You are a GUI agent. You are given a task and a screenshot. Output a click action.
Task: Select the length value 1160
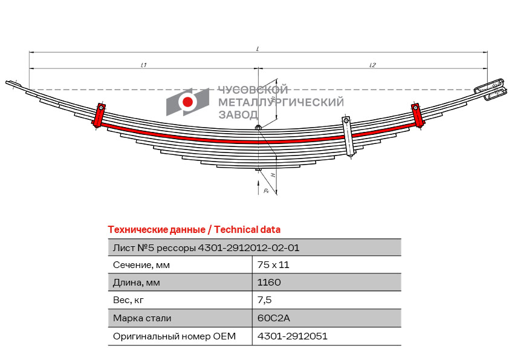[269, 282]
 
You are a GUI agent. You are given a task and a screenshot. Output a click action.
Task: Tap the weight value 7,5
[264, 300]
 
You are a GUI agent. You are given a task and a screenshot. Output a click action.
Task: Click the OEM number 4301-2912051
[292, 336]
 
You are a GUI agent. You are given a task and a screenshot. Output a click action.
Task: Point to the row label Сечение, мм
[141, 264]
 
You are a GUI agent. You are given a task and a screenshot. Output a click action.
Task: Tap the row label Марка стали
[142, 318]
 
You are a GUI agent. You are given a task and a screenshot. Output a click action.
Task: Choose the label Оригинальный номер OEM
[174, 336]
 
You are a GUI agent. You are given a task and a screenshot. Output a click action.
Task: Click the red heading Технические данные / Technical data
[194, 230]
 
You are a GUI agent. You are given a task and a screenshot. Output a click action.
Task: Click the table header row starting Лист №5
[206, 247]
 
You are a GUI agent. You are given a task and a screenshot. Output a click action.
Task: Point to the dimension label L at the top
[258, 48]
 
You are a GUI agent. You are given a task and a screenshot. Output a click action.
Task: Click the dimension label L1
[144, 65]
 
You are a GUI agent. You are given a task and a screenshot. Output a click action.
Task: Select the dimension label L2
[373, 65]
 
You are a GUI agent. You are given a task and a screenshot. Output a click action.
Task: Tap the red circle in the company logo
[188, 102]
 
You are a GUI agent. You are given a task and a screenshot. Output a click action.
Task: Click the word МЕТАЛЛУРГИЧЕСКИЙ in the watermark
[280, 103]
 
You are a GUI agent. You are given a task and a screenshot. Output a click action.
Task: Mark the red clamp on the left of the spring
[99, 115]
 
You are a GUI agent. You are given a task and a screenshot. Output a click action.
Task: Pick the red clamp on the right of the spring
[417, 115]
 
